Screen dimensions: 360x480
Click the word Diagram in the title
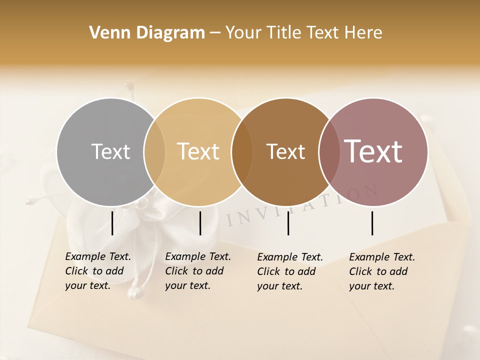(x=168, y=33)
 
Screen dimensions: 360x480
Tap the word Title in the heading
(x=283, y=33)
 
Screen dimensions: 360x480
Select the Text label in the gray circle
(x=110, y=151)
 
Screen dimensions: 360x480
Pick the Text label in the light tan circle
(x=198, y=151)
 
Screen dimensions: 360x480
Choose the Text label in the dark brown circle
(x=285, y=151)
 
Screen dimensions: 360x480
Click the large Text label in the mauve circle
(x=373, y=151)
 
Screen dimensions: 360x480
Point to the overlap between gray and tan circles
(x=154, y=151)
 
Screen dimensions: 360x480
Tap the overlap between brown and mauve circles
(x=329, y=151)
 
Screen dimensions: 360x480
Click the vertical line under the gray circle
(x=112, y=223)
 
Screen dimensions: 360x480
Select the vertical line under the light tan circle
(x=200, y=223)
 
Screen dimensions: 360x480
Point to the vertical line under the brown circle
(x=288, y=223)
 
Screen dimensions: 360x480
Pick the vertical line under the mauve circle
(x=372, y=223)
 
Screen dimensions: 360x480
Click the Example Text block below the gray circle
(x=98, y=271)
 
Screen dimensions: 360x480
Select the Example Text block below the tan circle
(x=198, y=271)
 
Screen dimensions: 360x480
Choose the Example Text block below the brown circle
(x=290, y=271)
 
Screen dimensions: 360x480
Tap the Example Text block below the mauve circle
(x=382, y=271)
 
